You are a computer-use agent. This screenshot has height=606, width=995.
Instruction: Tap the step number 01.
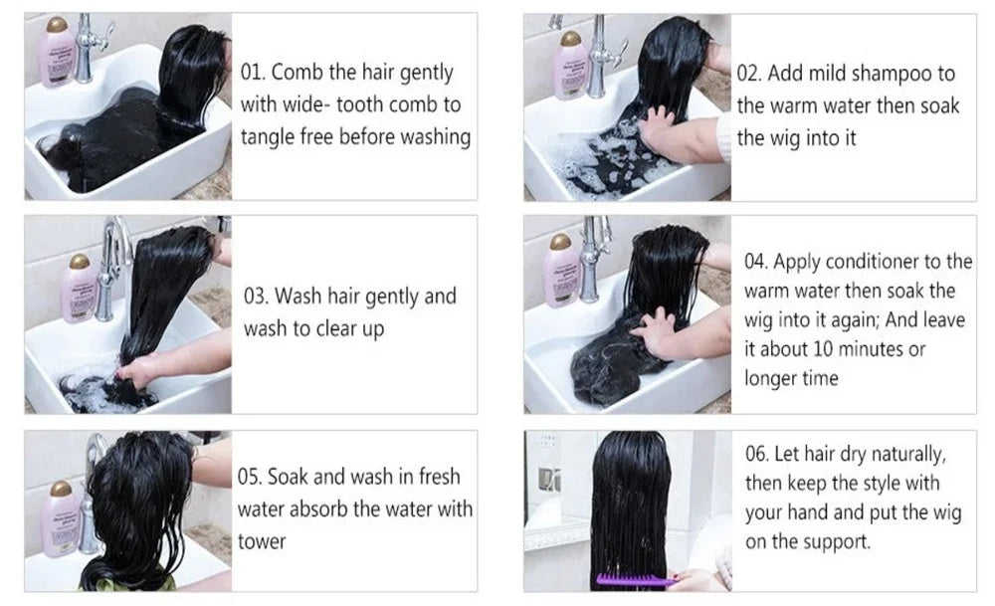click(252, 72)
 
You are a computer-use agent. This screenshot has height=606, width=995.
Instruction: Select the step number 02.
click(748, 73)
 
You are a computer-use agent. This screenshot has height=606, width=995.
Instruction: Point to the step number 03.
click(256, 296)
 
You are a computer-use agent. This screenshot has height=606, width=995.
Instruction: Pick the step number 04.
click(756, 262)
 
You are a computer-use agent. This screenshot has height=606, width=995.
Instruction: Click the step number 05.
click(250, 477)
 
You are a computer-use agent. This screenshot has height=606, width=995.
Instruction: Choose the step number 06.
click(757, 454)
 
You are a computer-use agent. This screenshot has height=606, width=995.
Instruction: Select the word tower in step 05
click(262, 542)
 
